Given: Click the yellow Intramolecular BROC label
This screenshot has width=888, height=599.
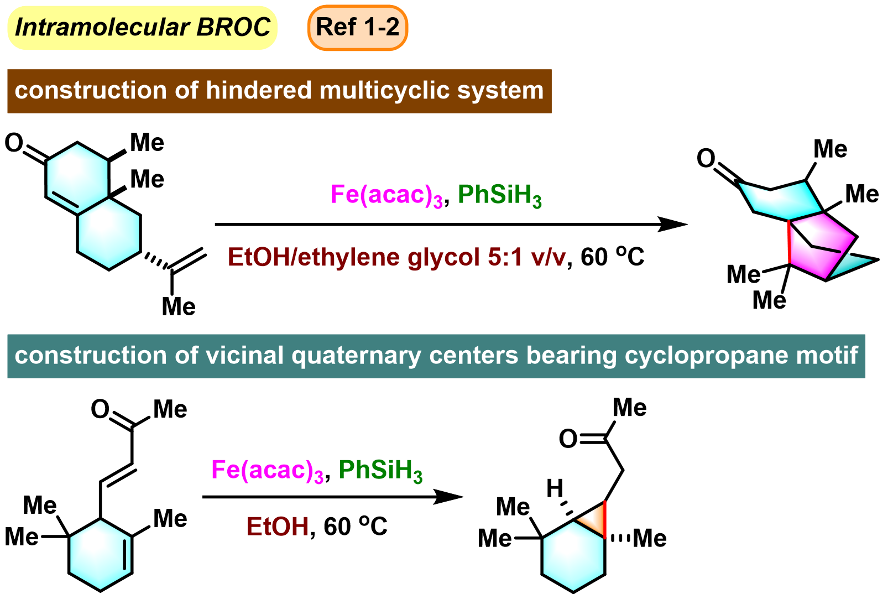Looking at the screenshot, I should coord(142,27).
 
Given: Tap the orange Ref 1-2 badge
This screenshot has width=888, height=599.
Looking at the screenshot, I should coord(357,27).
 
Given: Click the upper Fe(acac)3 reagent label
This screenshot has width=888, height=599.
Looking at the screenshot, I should coord(386,195).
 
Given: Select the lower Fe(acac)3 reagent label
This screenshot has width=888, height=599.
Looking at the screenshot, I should coord(267,471).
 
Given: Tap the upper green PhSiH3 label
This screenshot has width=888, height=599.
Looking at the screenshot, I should coord(500,195).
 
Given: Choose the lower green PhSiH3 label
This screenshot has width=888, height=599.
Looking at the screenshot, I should coord(380,471).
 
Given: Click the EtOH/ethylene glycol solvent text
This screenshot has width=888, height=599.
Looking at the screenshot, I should coord(396,258).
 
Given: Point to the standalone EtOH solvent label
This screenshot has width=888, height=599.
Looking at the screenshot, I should coord(278,526).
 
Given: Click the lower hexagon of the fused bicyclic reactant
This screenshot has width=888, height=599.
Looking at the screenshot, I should coord(109,233).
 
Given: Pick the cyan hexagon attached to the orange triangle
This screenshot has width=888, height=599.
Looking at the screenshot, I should coord(573,556).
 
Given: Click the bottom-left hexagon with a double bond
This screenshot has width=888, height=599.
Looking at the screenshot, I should coord(101,554).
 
